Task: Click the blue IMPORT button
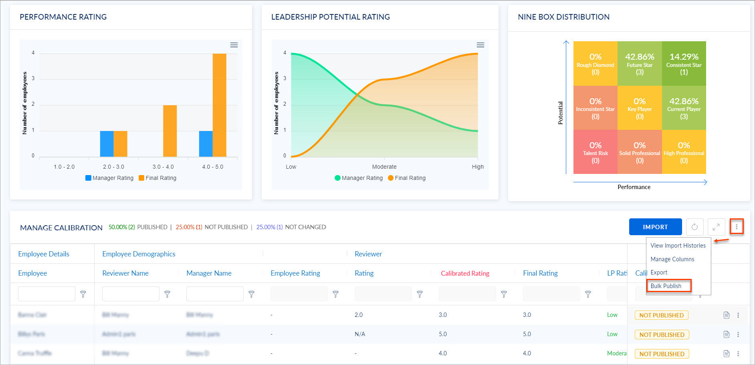[x=655, y=227]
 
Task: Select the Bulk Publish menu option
[x=666, y=286]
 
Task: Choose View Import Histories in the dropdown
[x=678, y=246]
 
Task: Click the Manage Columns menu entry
[x=672, y=259]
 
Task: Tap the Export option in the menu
[x=659, y=272]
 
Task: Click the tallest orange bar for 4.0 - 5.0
[x=219, y=105]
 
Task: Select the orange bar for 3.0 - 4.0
[x=170, y=131]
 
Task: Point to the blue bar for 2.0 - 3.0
[x=107, y=143]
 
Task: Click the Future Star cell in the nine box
[x=640, y=64]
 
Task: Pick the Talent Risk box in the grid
[x=595, y=152]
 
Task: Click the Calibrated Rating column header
[x=465, y=273]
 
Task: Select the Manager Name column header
[x=209, y=273]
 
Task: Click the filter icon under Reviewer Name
[x=168, y=294]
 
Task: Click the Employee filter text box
[x=46, y=294]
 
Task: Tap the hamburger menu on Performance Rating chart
[x=234, y=45]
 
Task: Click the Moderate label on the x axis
[x=384, y=167]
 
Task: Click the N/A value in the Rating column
[x=359, y=334]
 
